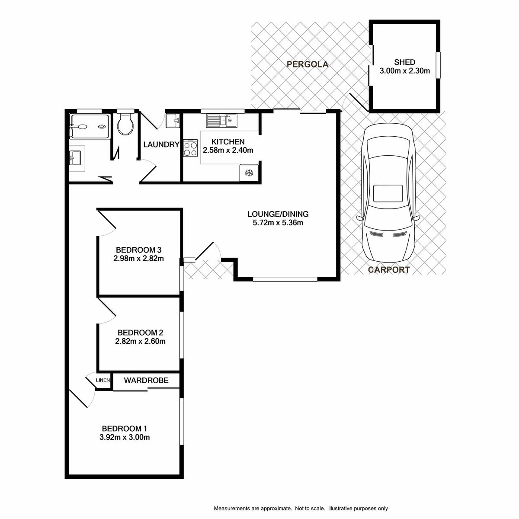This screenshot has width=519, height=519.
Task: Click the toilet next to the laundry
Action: pos(125,124)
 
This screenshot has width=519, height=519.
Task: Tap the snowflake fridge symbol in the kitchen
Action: pos(249,173)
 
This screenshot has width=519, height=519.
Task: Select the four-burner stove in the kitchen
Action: pos(190,148)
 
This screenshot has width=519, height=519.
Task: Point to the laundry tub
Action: pos(173,121)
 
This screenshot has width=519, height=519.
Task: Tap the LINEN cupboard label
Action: pos(103,380)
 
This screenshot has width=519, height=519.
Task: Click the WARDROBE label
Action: pos(146,380)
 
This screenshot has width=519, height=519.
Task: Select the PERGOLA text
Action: pos(308,64)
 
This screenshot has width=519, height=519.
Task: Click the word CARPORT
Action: pos(389,269)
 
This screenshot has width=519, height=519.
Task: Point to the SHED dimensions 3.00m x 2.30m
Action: pos(404,71)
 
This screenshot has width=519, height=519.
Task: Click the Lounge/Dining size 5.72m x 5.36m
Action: pos(278,223)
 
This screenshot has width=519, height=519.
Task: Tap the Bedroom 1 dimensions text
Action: pos(125,437)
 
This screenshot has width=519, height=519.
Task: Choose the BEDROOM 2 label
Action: pos(140,333)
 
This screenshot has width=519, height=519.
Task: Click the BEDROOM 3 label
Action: pos(138,250)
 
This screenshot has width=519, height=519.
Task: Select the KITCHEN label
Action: pos(228,142)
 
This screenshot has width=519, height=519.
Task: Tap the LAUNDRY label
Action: pos(161,144)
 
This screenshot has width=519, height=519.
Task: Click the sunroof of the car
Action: pos(388,193)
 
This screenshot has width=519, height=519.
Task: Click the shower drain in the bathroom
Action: pos(102,126)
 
